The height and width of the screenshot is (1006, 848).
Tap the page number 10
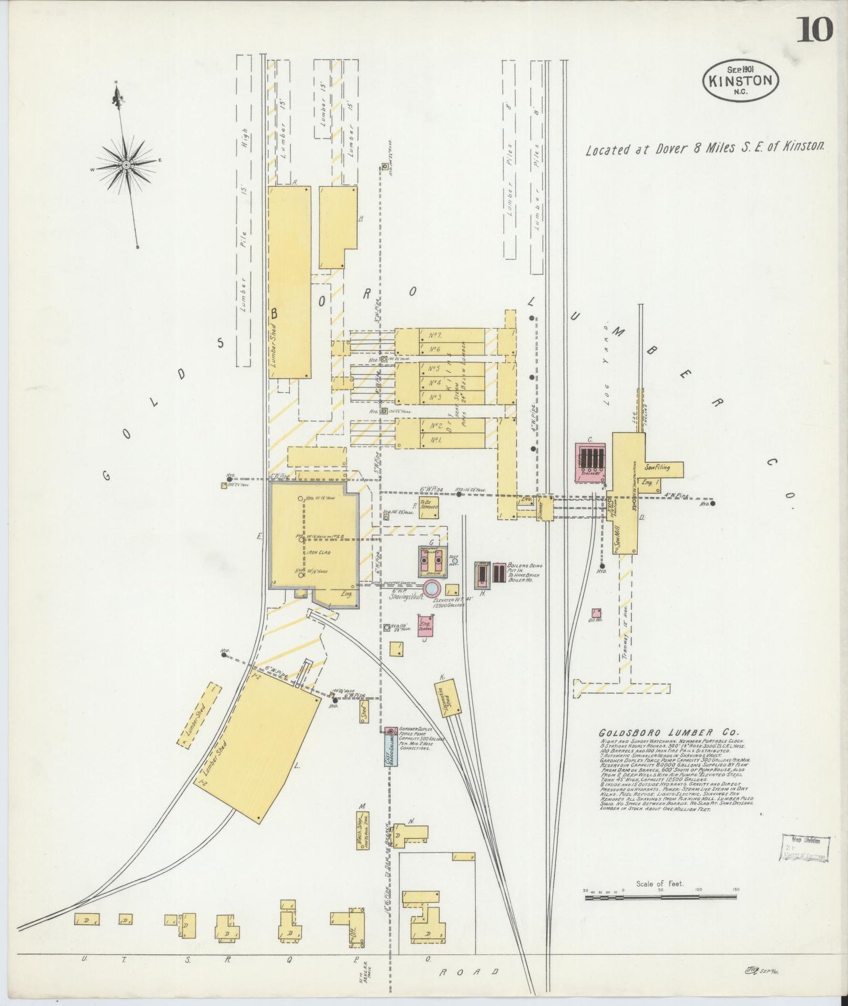click(x=814, y=29)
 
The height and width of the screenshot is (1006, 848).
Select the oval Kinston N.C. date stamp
click(x=741, y=80)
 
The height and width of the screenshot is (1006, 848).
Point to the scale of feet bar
click(x=661, y=896)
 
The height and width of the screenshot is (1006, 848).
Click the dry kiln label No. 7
click(x=435, y=335)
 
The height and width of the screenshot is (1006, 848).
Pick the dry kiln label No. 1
click(x=435, y=440)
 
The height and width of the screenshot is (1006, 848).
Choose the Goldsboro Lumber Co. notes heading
click(x=670, y=732)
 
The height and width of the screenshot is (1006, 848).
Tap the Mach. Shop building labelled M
click(x=362, y=830)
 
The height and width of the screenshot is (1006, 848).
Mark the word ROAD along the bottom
click(x=469, y=971)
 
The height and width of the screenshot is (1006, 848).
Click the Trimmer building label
click(x=544, y=507)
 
